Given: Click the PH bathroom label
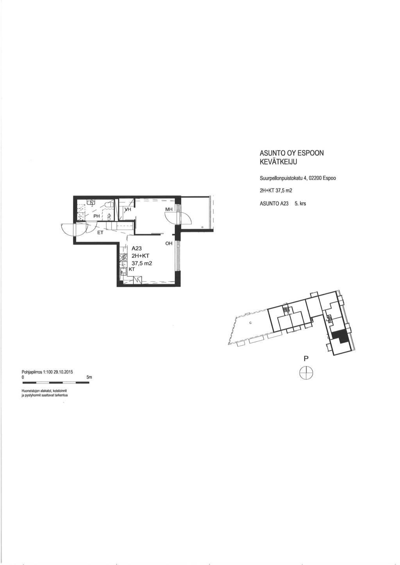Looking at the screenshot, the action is pyautogui.click(x=96, y=216).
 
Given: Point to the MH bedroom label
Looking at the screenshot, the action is pyautogui.click(x=169, y=210).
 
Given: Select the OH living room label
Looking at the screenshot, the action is pyautogui.click(x=169, y=243).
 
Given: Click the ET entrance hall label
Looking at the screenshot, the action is pyautogui.click(x=100, y=233).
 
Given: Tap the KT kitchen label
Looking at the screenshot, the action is pyautogui.click(x=132, y=269).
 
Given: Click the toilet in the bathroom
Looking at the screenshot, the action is pyautogui.click(x=109, y=204).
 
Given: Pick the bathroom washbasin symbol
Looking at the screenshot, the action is pyautogui.click(x=91, y=202).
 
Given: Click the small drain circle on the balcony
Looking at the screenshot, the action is pyautogui.click(x=202, y=227).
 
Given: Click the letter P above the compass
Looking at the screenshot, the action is pyautogui.click(x=306, y=359).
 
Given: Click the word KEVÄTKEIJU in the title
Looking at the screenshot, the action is pyautogui.click(x=279, y=162).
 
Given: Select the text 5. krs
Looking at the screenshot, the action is pyautogui.click(x=300, y=204).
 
